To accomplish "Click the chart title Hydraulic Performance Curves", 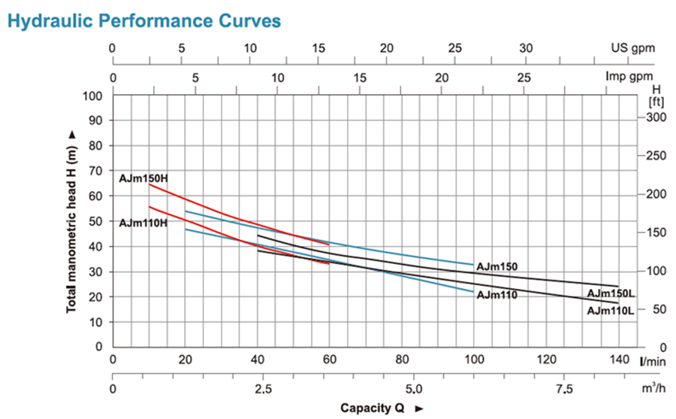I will [x=143, y=20].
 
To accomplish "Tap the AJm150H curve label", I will [x=143, y=178].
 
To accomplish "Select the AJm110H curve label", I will [x=143, y=223].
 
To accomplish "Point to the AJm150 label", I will [x=497, y=266].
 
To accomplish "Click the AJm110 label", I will [x=496, y=295].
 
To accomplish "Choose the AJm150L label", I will [x=611, y=293].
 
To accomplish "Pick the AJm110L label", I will [x=611, y=310].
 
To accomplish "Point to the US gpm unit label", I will [x=632, y=48].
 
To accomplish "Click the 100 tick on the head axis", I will [x=92, y=96].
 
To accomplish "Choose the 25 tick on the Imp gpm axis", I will [x=524, y=77].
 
